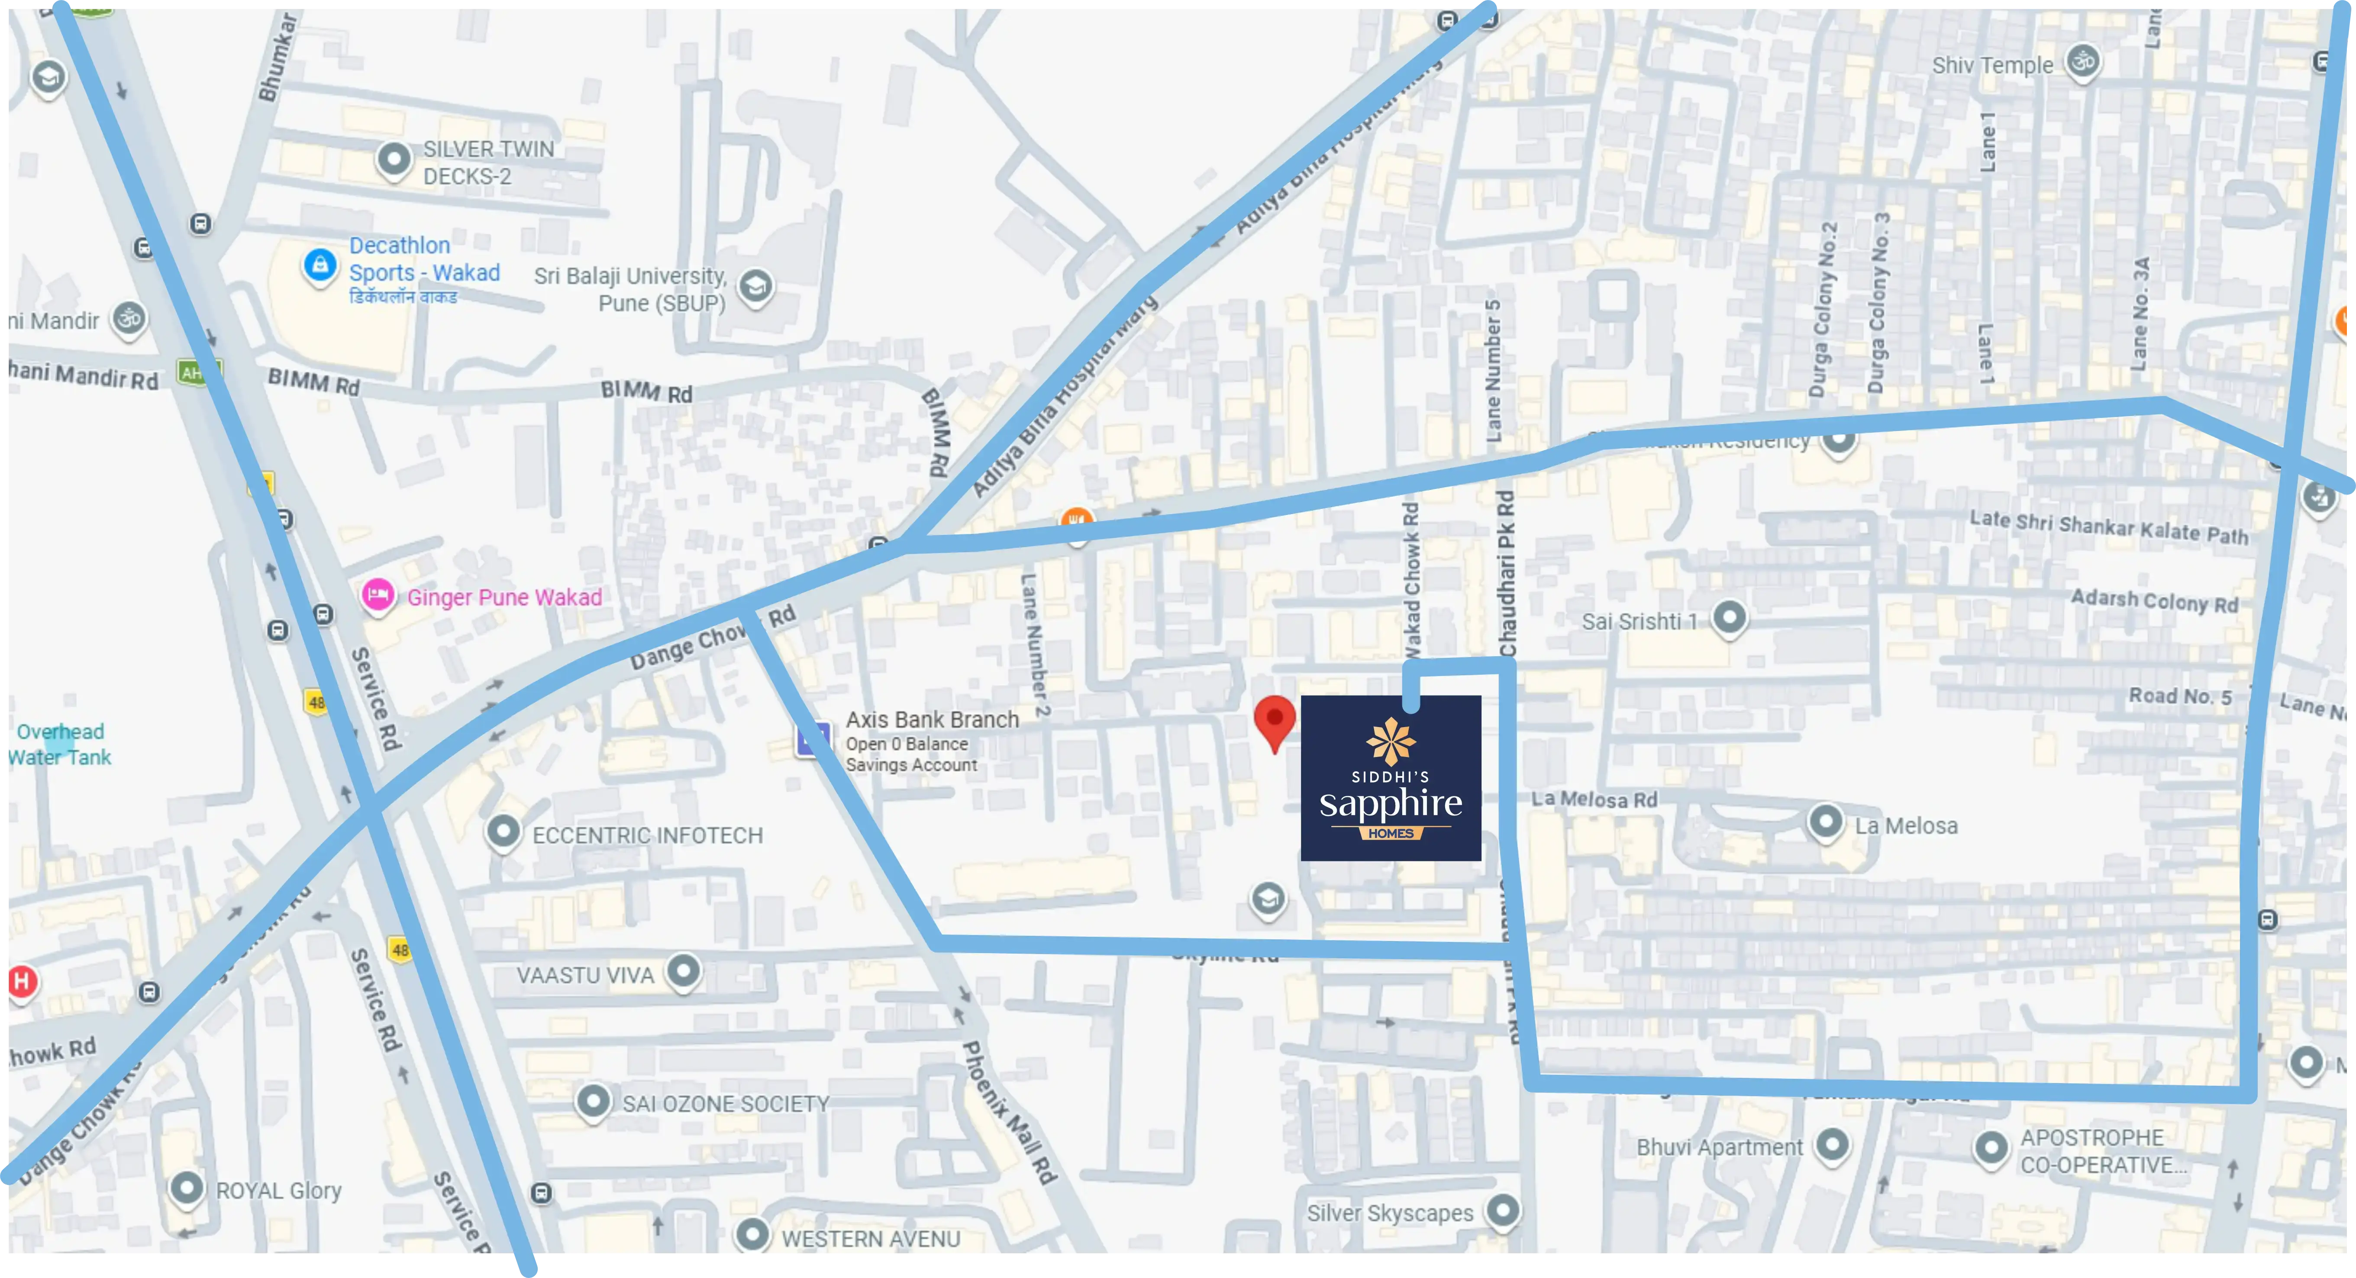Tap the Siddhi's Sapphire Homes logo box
pyautogui.click(x=1390, y=778)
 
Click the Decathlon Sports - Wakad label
pyautogui.click(x=424, y=260)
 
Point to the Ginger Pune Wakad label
pyautogui.click(x=504, y=597)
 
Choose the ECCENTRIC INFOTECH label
pyautogui.click(x=647, y=835)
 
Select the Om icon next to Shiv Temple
pyautogui.click(x=2082, y=62)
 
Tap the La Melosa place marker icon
pyautogui.click(x=1826, y=822)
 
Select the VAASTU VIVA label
pyautogui.click(x=585, y=975)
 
